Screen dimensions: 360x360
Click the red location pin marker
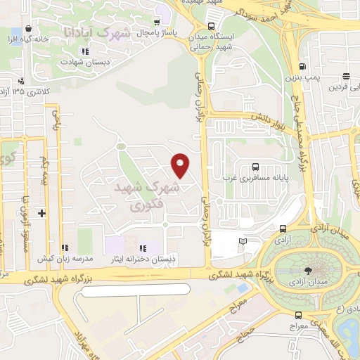pos(181,165)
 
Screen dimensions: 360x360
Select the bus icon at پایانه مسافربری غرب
pos(255,167)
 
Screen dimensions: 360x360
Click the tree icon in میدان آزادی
pos(309,270)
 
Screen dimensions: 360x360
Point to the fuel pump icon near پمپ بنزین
pos(303,64)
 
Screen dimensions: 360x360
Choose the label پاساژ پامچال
pos(151,33)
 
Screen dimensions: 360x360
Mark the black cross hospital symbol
pos(41,212)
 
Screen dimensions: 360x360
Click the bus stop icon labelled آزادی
pos(283,229)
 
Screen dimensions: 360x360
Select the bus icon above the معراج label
pos(299,315)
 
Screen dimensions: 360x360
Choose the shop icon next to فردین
pos(346,77)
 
